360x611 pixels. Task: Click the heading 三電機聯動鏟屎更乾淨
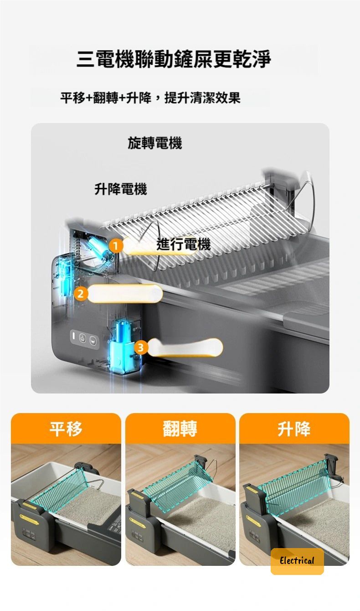pyautogui.click(x=174, y=59)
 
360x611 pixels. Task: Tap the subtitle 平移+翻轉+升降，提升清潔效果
pyautogui.click(x=150, y=98)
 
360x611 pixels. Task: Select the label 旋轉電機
pyautogui.click(x=155, y=143)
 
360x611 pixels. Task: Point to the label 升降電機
pyautogui.click(x=121, y=189)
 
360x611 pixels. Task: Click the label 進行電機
pyautogui.click(x=183, y=244)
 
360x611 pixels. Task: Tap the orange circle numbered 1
pyautogui.click(x=116, y=246)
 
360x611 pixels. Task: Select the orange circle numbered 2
pyautogui.click(x=80, y=294)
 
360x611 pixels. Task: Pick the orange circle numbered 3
pyautogui.click(x=141, y=348)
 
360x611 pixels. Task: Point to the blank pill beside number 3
pyautogui.click(x=185, y=347)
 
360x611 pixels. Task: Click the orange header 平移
pyautogui.click(x=66, y=429)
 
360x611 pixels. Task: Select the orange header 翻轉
pyautogui.click(x=180, y=429)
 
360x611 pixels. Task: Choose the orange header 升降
pyautogui.click(x=294, y=429)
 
